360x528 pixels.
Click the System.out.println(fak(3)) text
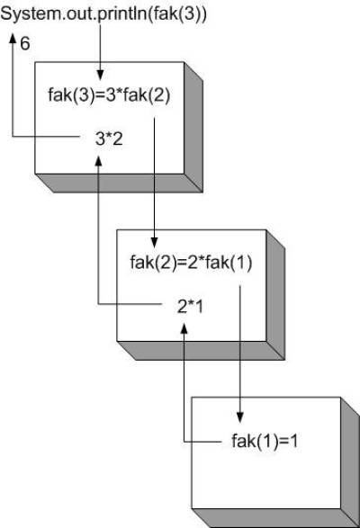(103, 14)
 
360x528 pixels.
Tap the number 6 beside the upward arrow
(25, 44)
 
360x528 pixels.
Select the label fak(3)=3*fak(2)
(109, 94)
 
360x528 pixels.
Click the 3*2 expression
(109, 139)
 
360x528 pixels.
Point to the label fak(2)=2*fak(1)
(191, 263)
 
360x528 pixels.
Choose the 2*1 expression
(190, 307)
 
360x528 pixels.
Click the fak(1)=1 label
(265, 441)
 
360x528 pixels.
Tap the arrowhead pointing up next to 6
(13, 38)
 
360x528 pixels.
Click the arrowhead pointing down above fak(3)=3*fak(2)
(100, 75)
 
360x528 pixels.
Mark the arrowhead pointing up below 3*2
(98, 161)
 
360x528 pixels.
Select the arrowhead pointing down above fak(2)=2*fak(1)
(154, 243)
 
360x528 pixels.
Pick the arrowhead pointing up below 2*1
(184, 328)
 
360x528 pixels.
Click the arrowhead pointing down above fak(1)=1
(239, 417)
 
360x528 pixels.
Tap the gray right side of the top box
(193, 127)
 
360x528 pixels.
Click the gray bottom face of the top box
(119, 183)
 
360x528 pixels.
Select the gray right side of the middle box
(275, 295)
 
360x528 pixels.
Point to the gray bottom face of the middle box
(201, 351)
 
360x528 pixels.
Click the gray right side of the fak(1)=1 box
(350, 462)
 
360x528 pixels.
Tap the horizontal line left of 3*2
(46, 137)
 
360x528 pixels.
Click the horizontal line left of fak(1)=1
(202, 442)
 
